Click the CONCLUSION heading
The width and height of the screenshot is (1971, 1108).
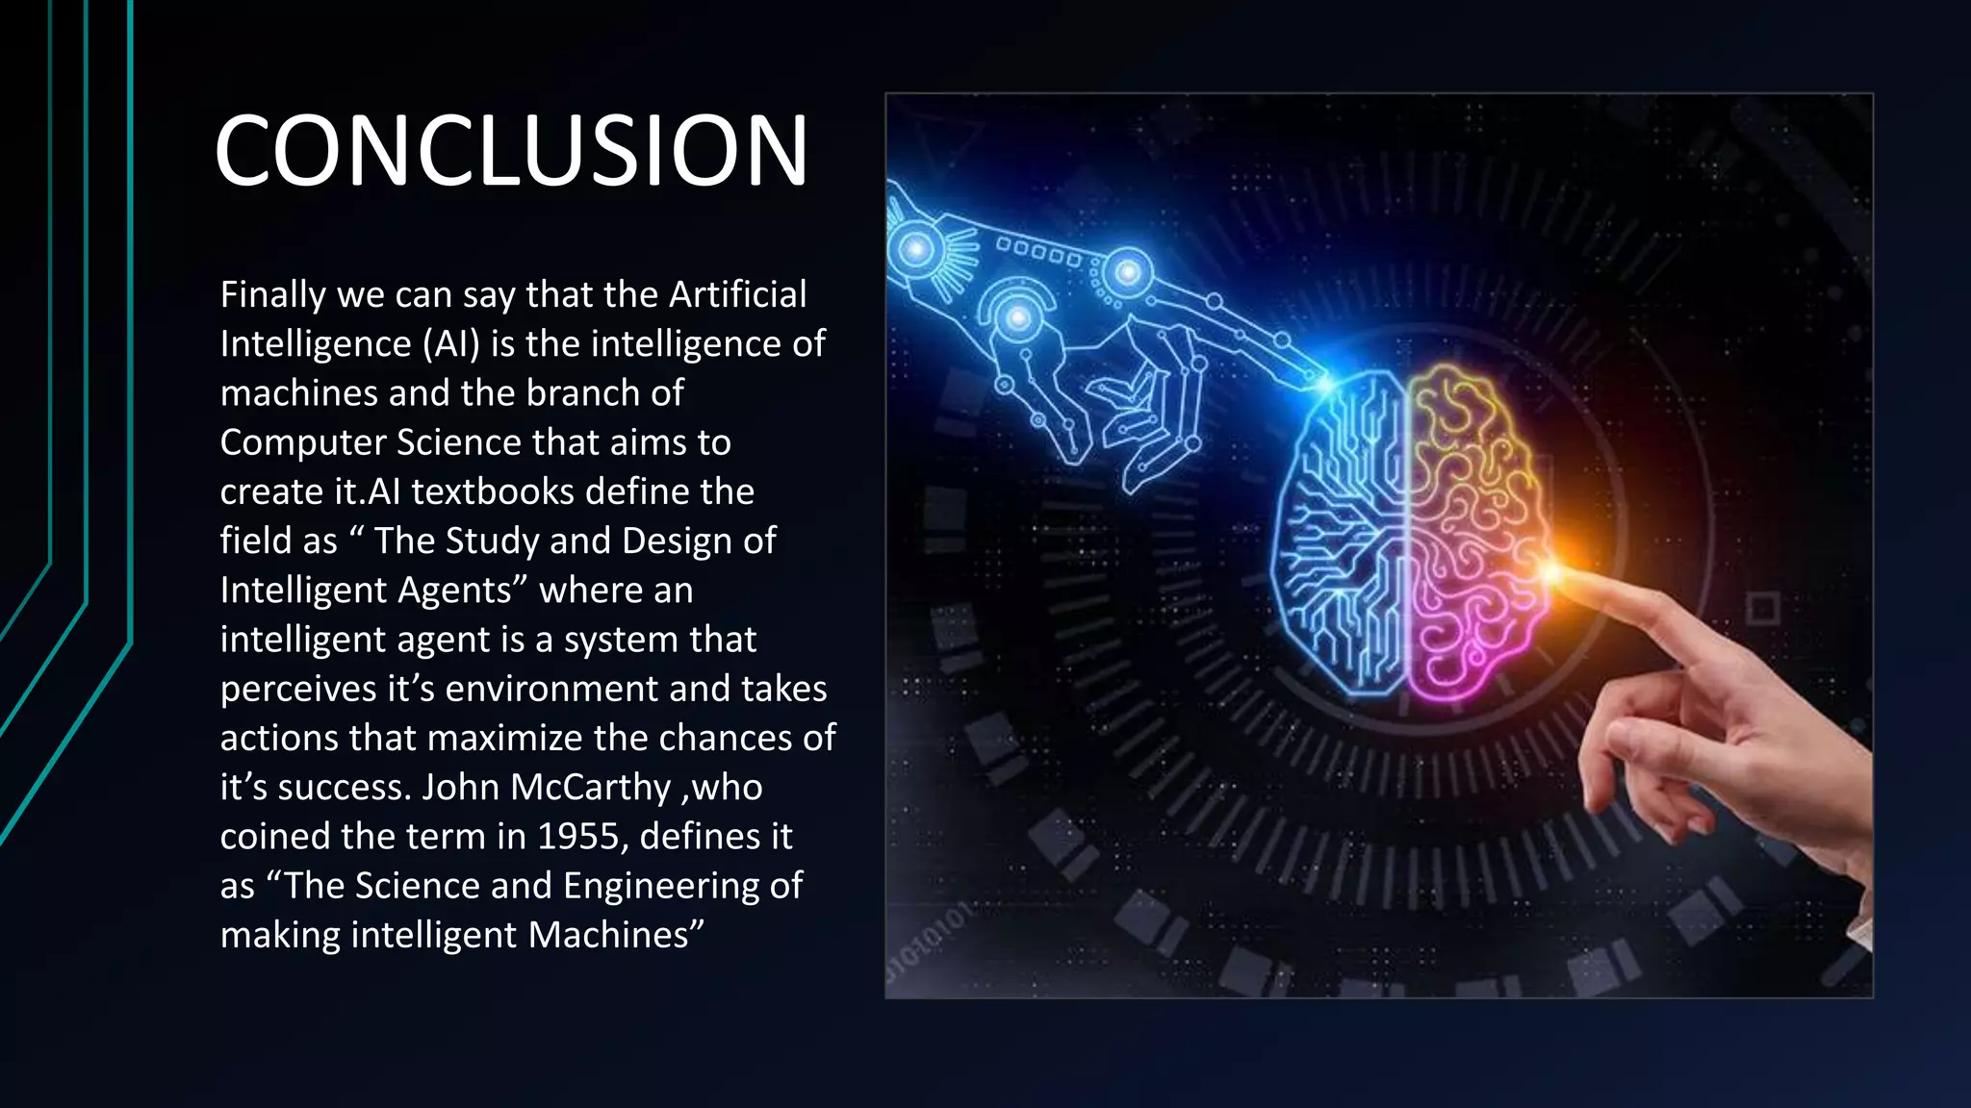[511, 151]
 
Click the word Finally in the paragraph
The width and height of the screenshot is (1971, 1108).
[272, 294]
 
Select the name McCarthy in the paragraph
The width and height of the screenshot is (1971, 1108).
[589, 788]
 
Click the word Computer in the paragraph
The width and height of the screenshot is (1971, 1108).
[303, 442]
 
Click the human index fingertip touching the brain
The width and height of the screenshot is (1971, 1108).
[1561, 574]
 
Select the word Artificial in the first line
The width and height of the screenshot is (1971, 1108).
[737, 294]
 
